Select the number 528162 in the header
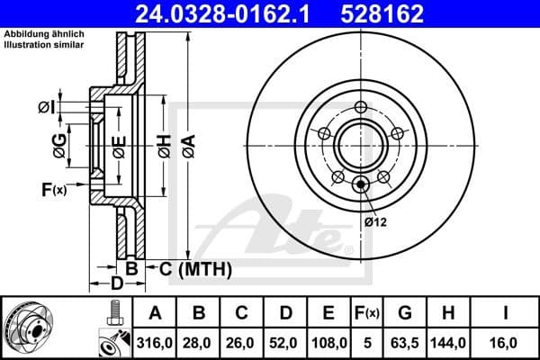pos(391,14)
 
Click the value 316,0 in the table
pos(156,342)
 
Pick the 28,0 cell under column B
pos(199,342)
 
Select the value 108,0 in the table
pos(329,342)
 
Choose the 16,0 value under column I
pos(508,342)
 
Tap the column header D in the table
pos(285,312)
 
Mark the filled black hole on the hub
pos(361,185)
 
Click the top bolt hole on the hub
pos(361,109)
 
